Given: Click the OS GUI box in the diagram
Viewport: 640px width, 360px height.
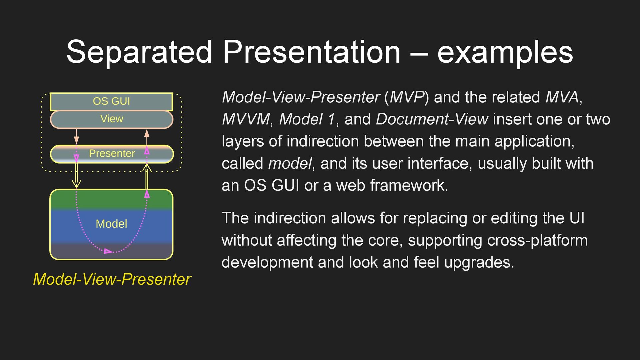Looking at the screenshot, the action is click(111, 101).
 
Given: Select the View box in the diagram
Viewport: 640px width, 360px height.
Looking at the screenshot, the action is click(112, 119).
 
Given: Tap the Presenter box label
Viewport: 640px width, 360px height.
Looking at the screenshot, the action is click(112, 153).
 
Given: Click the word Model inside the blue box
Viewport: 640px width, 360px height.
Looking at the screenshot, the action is click(111, 224).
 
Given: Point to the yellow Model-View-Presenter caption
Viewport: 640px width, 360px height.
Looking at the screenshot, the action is click(112, 279).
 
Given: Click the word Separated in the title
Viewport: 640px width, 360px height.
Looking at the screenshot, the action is click(139, 52).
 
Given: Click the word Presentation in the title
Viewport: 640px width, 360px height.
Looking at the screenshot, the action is click(312, 52).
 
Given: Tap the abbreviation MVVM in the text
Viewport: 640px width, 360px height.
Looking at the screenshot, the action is click(246, 119).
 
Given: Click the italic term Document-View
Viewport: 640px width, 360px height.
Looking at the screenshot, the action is click(432, 119).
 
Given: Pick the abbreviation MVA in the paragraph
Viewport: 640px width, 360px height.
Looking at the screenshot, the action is click(562, 97).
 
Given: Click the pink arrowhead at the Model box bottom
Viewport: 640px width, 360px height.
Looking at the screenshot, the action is click(108, 251).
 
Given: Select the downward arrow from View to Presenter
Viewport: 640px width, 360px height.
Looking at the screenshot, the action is click(76, 137).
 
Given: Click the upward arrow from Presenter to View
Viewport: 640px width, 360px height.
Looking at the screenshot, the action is click(147, 137).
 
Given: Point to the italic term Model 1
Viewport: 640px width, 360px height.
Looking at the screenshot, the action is click(307, 119).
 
